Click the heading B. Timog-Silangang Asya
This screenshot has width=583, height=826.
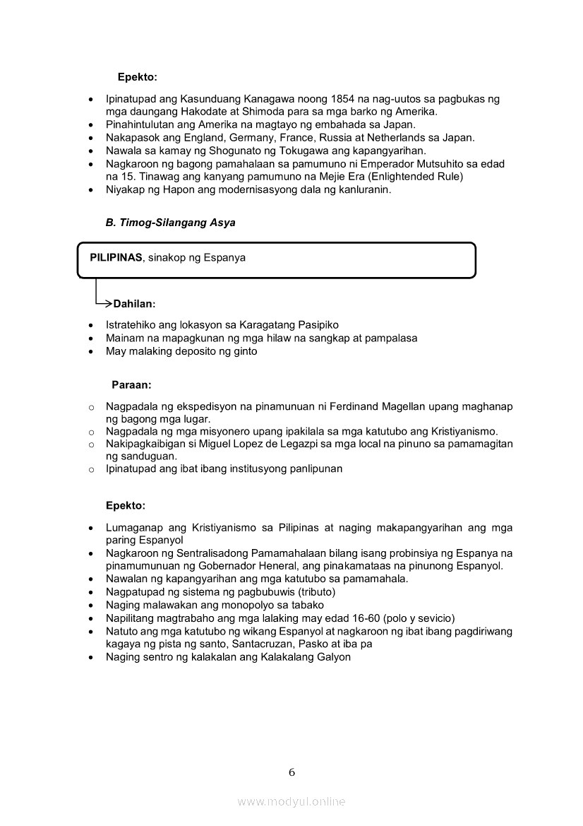(170, 223)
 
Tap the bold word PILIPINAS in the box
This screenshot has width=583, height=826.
(116, 258)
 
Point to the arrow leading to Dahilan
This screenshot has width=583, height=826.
(102, 303)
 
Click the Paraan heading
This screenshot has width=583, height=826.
(131, 385)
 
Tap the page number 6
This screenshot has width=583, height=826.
(291, 772)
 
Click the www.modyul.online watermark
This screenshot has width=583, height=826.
(291, 801)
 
